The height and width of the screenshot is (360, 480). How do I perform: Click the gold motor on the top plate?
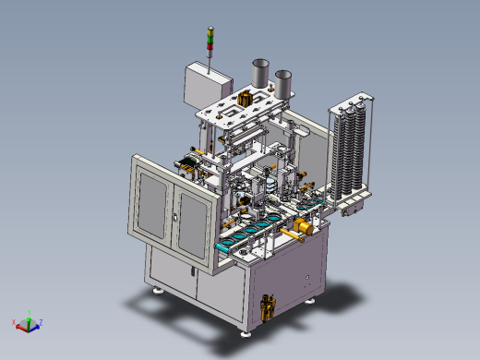click(x=245, y=98)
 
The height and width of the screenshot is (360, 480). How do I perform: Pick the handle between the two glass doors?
click(x=172, y=218)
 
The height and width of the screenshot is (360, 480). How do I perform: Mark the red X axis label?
click(x=14, y=323)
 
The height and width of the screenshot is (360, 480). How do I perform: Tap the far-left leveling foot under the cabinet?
click(x=158, y=290)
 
